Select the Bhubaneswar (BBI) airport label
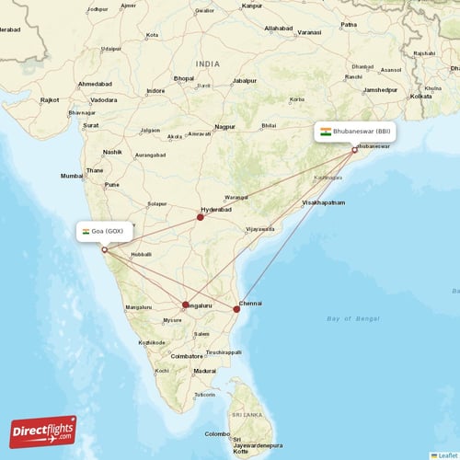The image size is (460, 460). pyautogui.click(x=357, y=132)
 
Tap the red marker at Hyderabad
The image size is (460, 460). pyautogui.click(x=200, y=218)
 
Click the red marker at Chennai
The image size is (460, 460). pyautogui.click(x=237, y=309)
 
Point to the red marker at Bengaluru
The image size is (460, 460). pyautogui.click(x=186, y=305)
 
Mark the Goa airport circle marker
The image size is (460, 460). pyautogui.click(x=104, y=249)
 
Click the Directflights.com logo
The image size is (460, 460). pyautogui.click(x=43, y=431)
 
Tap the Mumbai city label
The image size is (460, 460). pyautogui.click(x=71, y=176)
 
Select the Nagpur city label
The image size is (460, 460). pyautogui.click(x=224, y=126)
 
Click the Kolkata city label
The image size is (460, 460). pyautogui.click(x=420, y=96)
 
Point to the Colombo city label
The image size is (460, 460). pyautogui.click(x=217, y=434)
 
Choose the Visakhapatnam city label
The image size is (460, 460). pyautogui.click(x=324, y=201)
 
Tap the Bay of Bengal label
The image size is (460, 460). pyautogui.click(x=352, y=318)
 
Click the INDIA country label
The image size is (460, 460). pyautogui.click(x=208, y=63)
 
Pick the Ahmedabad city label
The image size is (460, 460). pyautogui.click(x=95, y=84)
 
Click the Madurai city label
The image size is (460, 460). pyautogui.click(x=204, y=371)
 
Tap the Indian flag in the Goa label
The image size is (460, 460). pyautogui.click(x=86, y=231)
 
